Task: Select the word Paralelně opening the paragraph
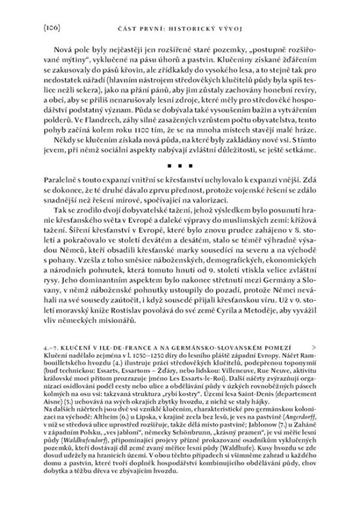[x=63, y=196]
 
